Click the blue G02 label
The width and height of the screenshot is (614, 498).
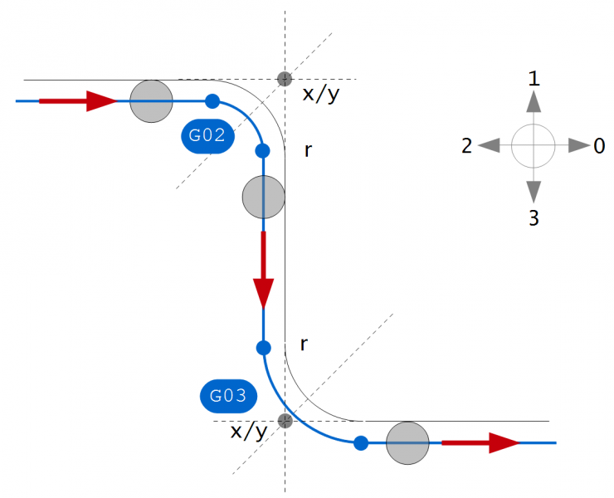click(207, 136)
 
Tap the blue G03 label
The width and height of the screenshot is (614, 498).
click(227, 396)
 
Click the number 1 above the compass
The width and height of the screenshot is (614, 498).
click(534, 79)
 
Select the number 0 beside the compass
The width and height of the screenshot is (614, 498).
click(598, 146)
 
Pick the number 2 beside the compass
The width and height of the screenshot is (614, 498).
click(467, 146)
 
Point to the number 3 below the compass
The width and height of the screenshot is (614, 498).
click(534, 218)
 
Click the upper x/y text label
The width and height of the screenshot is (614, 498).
click(321, 93)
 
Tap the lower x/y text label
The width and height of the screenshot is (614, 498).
click(249, 431)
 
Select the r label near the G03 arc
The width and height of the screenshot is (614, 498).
click(305, 344)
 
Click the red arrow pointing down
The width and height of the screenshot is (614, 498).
click(263, 270)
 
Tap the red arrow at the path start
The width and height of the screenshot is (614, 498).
click(79, 101)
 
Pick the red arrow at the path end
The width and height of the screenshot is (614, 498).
click(480, 443)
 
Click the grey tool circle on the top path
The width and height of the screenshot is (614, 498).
click(151, 101)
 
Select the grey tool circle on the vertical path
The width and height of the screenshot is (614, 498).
click(263, 197)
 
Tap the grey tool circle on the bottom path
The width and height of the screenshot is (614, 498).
click(407, 443)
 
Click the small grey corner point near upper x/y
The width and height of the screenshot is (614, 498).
click(285, 79)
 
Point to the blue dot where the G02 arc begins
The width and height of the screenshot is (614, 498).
click(212, 101)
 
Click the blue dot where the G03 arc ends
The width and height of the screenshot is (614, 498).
click(361, 443)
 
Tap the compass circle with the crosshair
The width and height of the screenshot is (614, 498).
click(533, 146)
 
